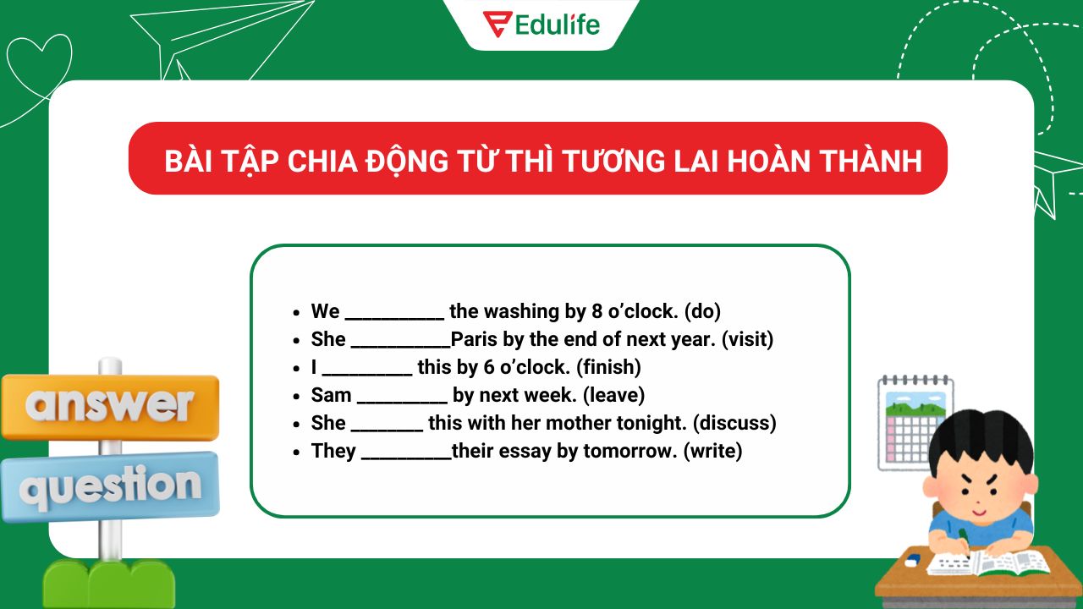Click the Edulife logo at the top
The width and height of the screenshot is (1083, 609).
(x=541, y=24)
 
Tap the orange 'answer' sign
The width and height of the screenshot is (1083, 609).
(x=110, y=407)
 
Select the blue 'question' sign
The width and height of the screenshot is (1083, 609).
(x=110, y=486)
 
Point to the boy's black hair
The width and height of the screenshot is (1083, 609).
(x=981, y=440)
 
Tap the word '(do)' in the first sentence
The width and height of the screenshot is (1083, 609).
(x=702, y=311)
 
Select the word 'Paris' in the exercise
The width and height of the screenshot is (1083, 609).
(x=474, y=339)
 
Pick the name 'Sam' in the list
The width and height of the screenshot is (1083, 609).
(x=331, y=395)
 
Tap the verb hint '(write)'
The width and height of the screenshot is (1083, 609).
(x=712, y=451)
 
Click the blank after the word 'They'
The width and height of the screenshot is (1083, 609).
(x=406, y=455)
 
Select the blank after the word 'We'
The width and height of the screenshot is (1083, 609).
(x=394, y=315)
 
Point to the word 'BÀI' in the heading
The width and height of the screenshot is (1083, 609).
(x=186, y=160)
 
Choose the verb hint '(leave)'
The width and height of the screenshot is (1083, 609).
(x=614, y=395)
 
